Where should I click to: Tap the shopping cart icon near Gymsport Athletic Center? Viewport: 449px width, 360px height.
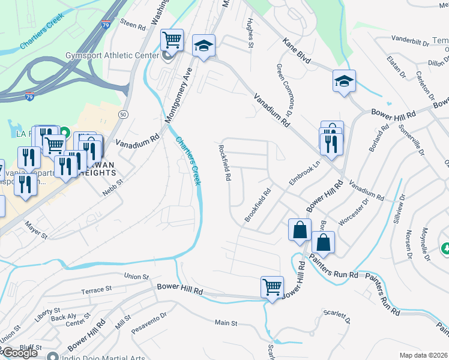pyautogui.click(x=172, y=40)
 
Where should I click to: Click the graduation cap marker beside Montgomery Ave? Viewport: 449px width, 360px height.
pyautogui.click(x=203, y=46)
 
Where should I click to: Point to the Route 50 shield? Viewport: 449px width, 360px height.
pyautogui.click(x=124, y=113)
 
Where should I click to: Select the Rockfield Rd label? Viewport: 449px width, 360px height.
pyautogui.click(x=225, y=163)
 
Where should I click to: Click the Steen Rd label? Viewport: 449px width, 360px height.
pyautogui.click(x=133, y=25)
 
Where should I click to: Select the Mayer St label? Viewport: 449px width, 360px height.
pyautogui.click(x=36, y=230)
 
